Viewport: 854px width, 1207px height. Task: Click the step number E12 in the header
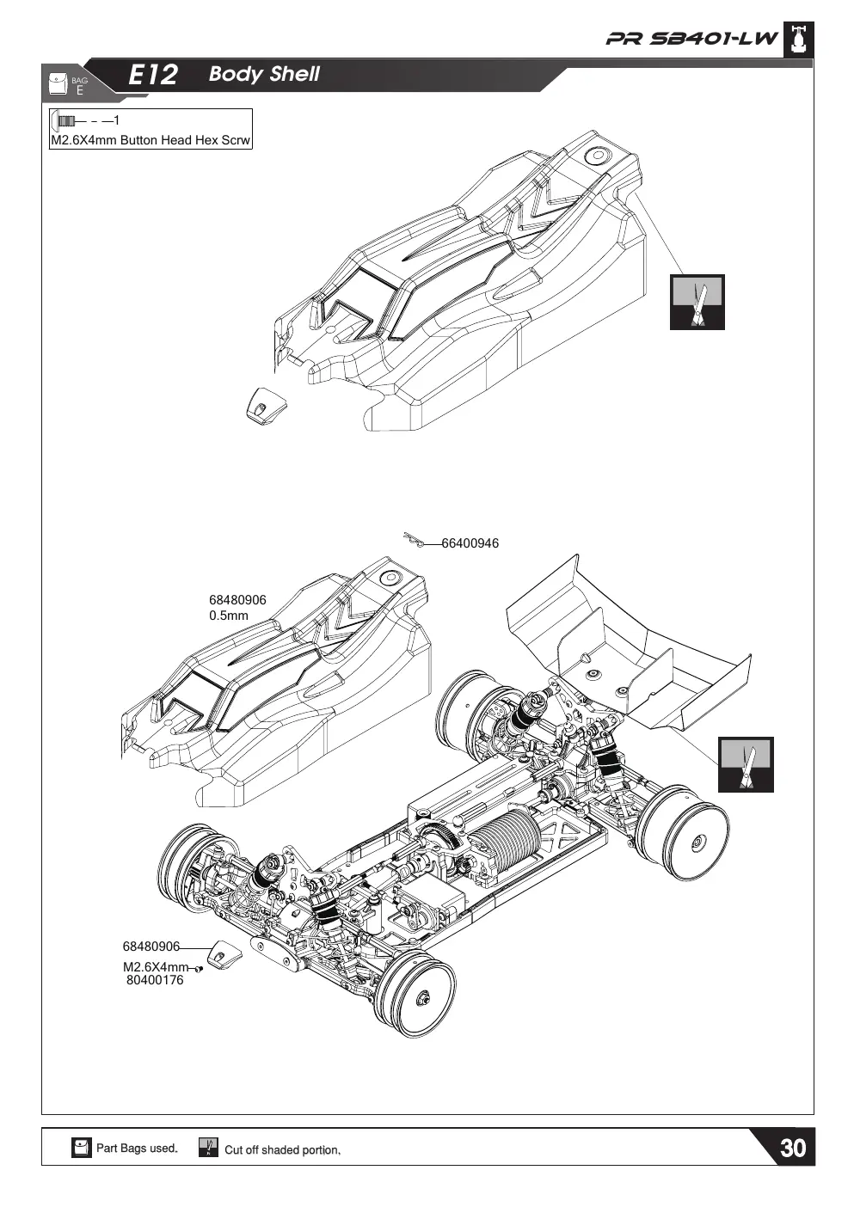tap(153, 75)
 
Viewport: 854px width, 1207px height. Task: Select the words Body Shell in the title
tap(264, 74)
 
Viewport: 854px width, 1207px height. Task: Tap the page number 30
tap(793, 1148)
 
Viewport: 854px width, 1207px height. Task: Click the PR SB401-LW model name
tap(691, 39)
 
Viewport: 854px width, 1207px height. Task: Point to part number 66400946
tap(470, 543)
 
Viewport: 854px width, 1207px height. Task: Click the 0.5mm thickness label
tap(229, 616)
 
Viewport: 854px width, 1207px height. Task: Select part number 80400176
tap(155, 979)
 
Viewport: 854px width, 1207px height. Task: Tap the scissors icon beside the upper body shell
tap(697, 302)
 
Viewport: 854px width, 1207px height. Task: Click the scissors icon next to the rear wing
tap(746, 764)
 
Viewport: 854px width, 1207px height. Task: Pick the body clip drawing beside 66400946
tap(414, 539)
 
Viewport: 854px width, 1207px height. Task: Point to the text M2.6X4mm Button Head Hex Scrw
tap(151, 140)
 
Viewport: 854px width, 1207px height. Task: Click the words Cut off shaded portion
tap(282, 1149)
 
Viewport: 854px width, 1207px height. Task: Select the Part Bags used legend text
tap(137, 1148)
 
